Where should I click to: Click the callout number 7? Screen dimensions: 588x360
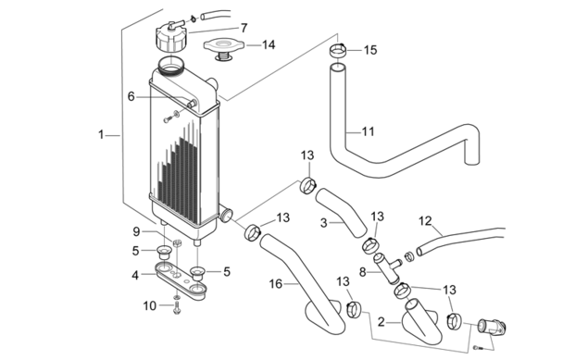[x=244, y=28]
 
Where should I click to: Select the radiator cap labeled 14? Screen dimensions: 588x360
[x=224, y=49]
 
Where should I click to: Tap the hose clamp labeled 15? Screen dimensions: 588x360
[x=338, y=50]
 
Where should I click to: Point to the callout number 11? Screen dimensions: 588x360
[x=369, y=131]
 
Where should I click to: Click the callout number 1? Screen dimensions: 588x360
[x=101, y=134]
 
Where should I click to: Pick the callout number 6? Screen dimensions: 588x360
[x=131, y=96]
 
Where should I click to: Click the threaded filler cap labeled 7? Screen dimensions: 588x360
[x=170, y=36]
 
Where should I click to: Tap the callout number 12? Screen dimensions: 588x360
[x=425, y=221]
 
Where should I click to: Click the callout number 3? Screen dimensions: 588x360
[x=324, y=223]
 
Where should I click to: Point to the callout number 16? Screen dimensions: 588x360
[x=276, y=284]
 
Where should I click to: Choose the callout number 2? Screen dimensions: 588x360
[x=382, y=322]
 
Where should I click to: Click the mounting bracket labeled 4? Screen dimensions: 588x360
[x=181, y=281]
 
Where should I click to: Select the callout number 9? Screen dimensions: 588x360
[x=136, y=232]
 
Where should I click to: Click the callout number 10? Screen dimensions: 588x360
[x=150, y=306]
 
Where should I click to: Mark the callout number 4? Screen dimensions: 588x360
[x=135, y=276]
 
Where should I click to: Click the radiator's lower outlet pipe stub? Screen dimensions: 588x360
[x=226, y=215]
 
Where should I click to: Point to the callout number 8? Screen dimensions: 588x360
[x=362, y=272]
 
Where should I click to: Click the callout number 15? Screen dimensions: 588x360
[x=370, y=50]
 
